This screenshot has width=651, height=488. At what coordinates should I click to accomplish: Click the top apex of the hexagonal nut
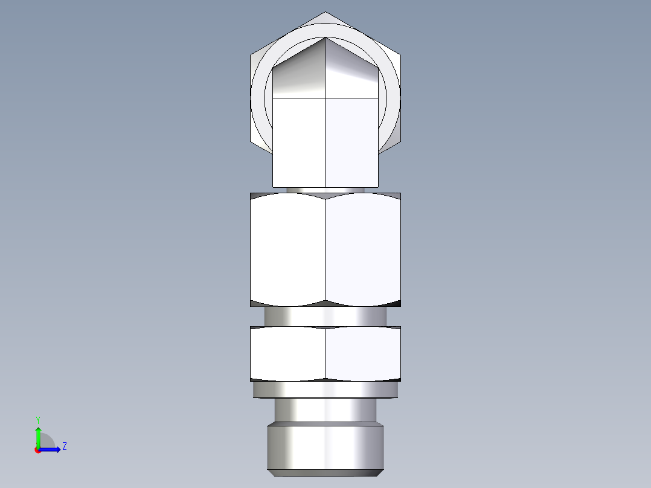[x=325, y=13]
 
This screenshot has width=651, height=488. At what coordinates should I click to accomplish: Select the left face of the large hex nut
[x=287, y=249]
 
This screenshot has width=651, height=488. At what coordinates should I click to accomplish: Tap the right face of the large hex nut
[x=362, y=249]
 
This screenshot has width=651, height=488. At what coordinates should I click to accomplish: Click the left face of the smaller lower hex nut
[x=287, y=354]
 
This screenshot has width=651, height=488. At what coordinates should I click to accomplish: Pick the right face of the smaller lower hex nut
[x=362, y=354]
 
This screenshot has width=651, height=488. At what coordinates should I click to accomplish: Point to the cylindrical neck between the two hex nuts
[x=325, y=316]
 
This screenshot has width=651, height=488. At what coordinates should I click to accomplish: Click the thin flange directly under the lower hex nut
[x=325, y=390]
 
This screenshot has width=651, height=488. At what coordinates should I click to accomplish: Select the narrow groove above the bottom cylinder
[x=325, y=410]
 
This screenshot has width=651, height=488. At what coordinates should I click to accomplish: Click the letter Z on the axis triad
[x=64, y=446]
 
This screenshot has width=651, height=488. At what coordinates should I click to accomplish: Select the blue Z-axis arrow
[x=51, y=449]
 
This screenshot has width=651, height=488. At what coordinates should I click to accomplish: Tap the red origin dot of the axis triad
[x=37, y=450]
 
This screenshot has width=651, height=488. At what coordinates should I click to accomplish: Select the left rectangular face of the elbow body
[x=299, y=142]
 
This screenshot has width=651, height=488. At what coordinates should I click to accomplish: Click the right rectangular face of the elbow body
[x=352, y=142]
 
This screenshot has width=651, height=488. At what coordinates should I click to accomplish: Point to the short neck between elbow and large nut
[x=325, y=190]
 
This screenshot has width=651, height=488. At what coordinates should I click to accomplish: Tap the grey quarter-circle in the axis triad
[x=46, y=441]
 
